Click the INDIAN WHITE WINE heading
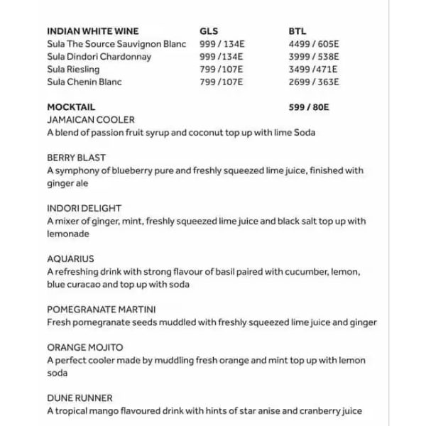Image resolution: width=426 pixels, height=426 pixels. (92, 31)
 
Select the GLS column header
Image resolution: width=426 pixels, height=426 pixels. (209, 31)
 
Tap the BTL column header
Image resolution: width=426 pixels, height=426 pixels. (297, 31)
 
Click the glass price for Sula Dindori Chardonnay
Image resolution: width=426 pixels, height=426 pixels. (222, 57)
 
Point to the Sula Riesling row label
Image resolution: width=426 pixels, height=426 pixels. (73, 70)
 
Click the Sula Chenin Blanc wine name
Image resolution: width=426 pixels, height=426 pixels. (84, 82)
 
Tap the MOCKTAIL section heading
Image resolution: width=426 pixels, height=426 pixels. (71, 107)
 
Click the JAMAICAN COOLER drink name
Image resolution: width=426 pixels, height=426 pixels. (90, 120)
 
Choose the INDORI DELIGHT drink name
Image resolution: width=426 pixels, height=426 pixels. (84, 209)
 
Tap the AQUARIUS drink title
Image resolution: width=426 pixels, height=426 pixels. (70, 259)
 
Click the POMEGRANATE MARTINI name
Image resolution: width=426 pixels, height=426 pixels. (102, 310)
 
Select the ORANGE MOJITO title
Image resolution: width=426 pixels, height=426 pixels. (84, 347)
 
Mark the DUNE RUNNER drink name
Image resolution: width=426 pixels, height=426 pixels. (80, 398)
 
